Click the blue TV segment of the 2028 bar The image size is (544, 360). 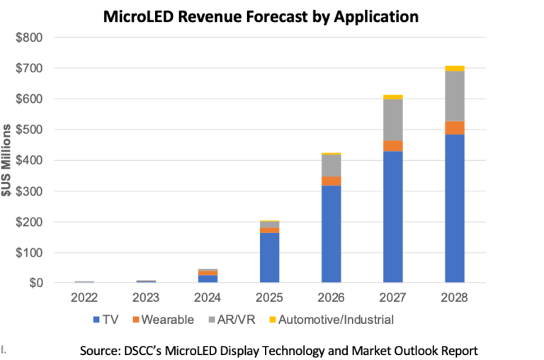pos(454,208)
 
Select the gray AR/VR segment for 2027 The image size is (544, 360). pos(392,120)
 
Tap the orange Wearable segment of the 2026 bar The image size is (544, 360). pos(331,181)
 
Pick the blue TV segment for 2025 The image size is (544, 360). pos(269,258)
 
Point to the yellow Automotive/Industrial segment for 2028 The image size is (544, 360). pos(454,68)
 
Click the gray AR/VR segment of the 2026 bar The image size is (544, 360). pos(331,165)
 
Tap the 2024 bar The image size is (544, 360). pos(208,276)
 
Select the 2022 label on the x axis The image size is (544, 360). pos(84,298)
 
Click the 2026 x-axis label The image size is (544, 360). pos(331,298)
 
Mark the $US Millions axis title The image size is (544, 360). pos(6,161)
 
